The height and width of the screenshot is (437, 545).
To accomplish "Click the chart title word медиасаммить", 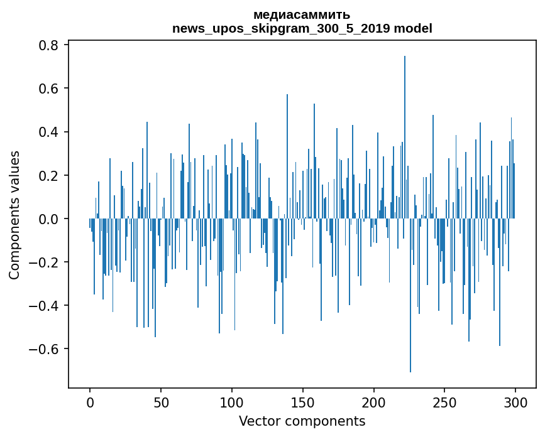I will tap(302, 14).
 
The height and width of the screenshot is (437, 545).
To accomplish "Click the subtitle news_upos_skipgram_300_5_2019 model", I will tap(302, 28).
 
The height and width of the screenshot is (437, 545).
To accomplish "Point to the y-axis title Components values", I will tap(14, 215).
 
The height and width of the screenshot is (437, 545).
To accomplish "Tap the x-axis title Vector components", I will tap(302, 421).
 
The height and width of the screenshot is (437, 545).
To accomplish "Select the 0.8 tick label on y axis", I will tap(48, 45).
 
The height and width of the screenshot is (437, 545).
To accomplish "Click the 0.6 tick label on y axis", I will tap(48, 89).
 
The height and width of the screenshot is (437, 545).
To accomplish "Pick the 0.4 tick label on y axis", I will tap(48, 132).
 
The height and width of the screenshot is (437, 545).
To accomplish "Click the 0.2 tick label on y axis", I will tap(48, 175).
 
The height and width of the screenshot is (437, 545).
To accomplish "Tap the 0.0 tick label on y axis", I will tap(48, 218).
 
